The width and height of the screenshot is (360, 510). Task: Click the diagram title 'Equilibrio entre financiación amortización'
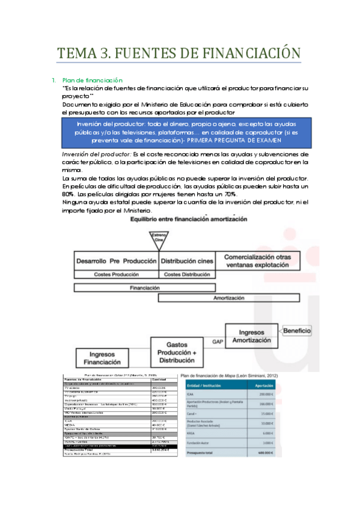click(188, 220)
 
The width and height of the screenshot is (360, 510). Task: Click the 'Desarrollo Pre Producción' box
click(114, 262)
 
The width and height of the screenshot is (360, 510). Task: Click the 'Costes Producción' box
click(114, 274)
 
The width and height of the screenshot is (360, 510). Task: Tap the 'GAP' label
click(217, 342)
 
